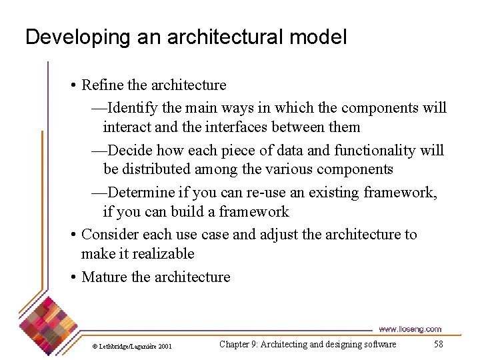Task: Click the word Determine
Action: click(x=141, y=193)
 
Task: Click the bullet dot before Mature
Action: click(x=73, y=277)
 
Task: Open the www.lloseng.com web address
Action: click(x=409, y=329)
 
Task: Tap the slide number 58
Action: click(x=438, y=344)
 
